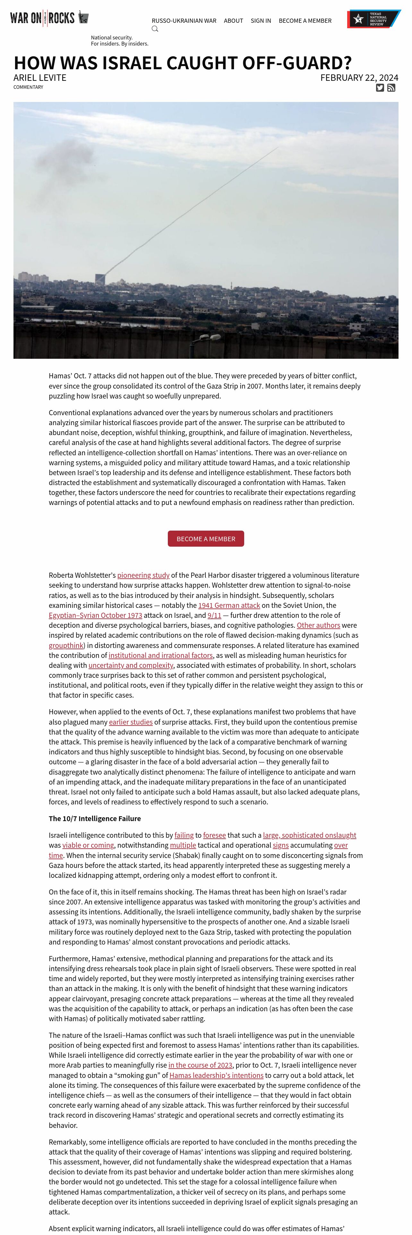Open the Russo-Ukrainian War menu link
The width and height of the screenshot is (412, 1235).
coord(184,21)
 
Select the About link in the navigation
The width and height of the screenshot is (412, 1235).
coord(233,21)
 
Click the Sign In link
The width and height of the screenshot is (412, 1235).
coord(261,21)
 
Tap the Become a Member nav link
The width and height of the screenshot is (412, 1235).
coord(305,21)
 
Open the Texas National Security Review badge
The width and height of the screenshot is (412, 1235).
coord(373,19)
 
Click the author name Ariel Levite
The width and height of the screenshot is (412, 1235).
coord(40,78)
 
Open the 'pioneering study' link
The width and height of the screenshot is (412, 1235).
coord(143,575)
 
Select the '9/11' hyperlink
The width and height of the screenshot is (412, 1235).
coord(214,615)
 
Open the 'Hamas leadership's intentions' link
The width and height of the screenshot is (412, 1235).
coord(216,1075)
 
